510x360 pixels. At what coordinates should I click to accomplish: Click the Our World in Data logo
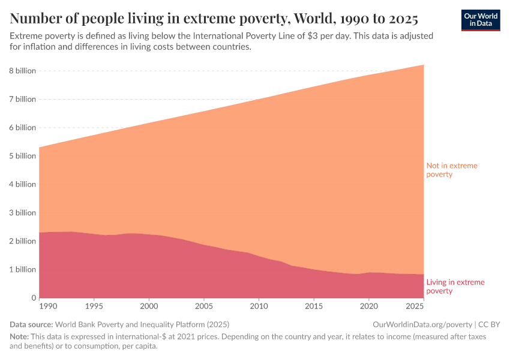click(480, 20)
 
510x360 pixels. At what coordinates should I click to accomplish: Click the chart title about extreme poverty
click(214, 17)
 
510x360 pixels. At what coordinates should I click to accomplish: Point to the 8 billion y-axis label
click(22, 71)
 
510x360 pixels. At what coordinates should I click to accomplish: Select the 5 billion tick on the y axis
click(22, 156)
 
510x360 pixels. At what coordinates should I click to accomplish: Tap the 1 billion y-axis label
click(22, 269)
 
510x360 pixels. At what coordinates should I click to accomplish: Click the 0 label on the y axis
click(34, 298)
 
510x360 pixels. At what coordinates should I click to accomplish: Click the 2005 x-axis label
click(203, 307)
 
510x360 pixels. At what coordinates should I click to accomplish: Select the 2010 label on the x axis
click(258, 307)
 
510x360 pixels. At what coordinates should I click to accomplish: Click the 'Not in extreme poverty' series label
click(451, 170)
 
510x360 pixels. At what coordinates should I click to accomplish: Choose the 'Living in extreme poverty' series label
click(455, 286)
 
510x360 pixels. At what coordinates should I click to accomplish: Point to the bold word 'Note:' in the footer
click(20, 337)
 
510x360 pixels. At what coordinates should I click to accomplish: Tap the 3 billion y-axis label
click(22, 213)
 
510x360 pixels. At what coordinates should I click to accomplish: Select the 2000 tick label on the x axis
click(148, 307)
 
